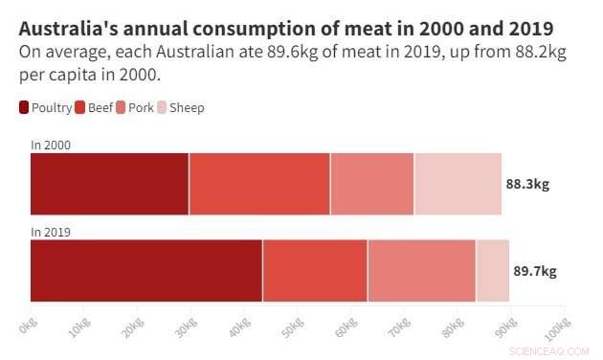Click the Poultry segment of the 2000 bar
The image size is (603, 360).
109,183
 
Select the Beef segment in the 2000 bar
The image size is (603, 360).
259,183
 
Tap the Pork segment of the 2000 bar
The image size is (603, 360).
372,183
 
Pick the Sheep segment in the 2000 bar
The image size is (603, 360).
458,183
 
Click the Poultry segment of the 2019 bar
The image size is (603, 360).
146,270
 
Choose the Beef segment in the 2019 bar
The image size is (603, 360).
315,270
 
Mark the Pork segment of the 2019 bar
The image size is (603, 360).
421,270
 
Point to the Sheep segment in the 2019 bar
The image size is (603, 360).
492,270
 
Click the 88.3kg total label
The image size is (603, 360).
527,184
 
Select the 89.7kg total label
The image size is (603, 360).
535,271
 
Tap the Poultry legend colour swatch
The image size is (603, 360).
24,108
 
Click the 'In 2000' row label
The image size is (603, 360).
51,146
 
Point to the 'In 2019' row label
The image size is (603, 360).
51,232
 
